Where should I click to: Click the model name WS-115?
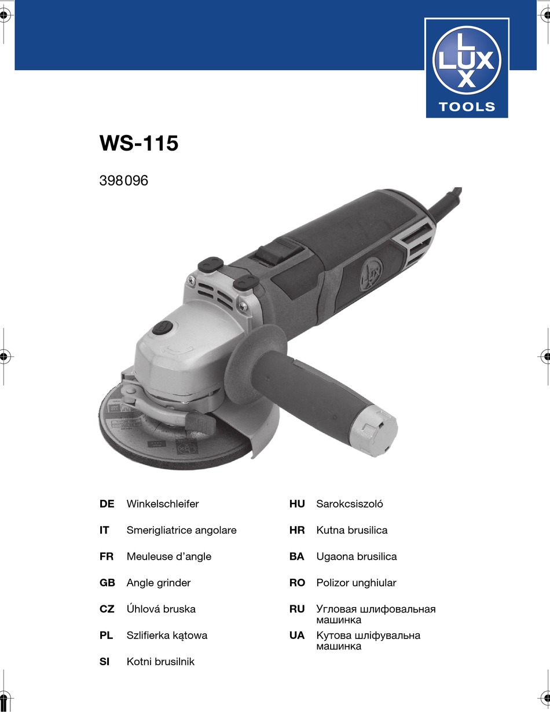[x=139, y=143]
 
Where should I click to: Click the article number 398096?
[x=124, y=181]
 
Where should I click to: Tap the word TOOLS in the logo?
[x=467, y=107]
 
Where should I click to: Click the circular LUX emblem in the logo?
[x=467, y=61]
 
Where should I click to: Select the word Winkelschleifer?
[x=163, y=503]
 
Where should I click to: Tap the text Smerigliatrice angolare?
[x=181, y=530]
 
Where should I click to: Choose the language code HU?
[x=297, y=503]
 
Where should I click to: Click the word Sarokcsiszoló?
[x=349, y=503]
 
